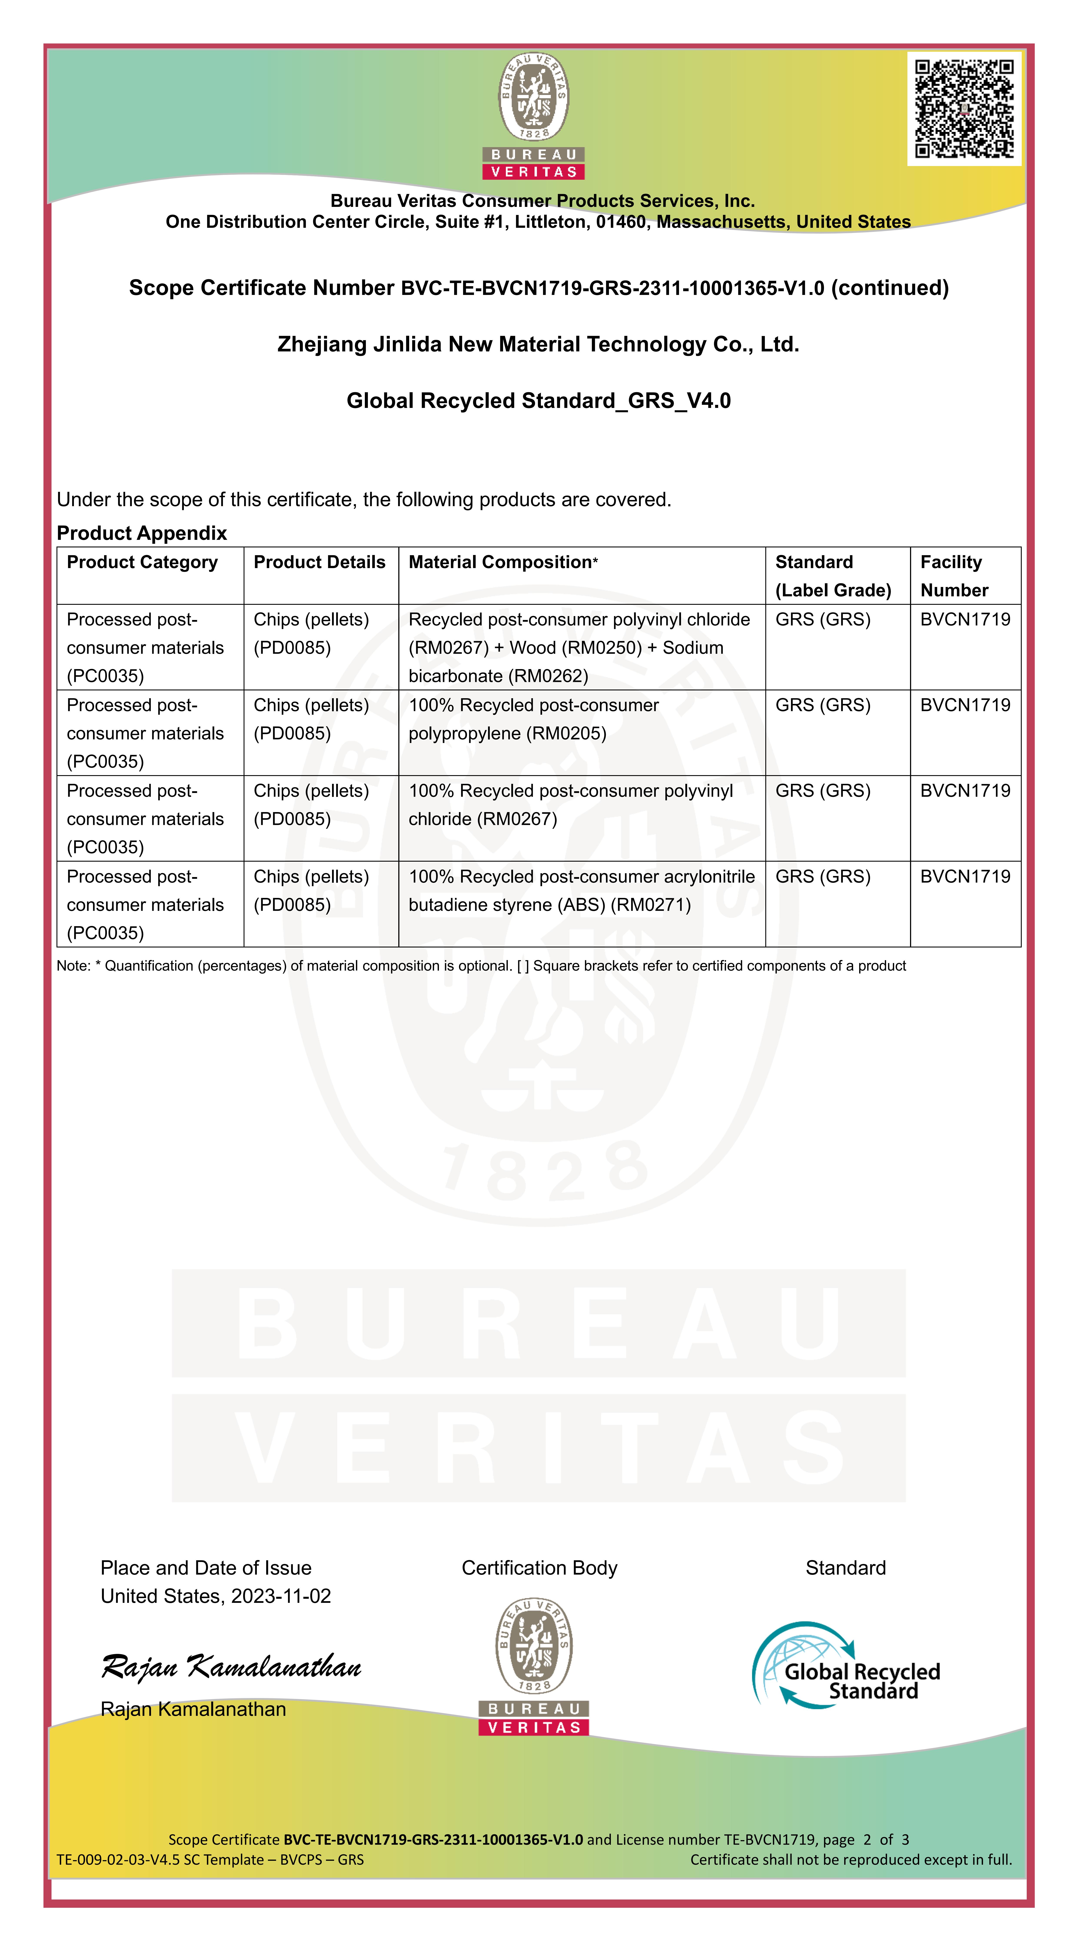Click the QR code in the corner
point(964,108)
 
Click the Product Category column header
point(142,562)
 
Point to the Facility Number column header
point(954,576)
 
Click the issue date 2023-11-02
point(281,1596)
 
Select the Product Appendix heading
point(142,533)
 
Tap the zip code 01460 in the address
point(620,222)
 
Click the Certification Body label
point(539,1568)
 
